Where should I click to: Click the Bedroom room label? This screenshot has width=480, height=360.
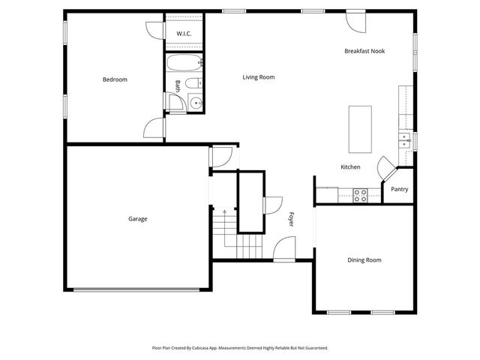point(115,79)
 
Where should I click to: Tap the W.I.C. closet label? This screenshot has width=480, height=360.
point(184,34)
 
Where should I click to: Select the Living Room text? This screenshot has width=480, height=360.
point(258,77)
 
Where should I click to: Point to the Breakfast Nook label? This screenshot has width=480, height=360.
point(364,51)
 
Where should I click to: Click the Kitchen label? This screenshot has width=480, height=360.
point(350,166)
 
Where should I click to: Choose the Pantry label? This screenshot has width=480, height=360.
point(399,190)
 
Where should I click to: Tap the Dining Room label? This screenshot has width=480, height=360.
point(364,260)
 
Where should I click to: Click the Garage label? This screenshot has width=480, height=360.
point(137,219)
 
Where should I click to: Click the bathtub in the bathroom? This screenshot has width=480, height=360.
point(183,63)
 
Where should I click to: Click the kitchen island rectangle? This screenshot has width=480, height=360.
point(360,124)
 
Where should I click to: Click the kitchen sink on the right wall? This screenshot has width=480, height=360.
point(405,138)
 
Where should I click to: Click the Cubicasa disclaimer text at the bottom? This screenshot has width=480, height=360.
point(240,348)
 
